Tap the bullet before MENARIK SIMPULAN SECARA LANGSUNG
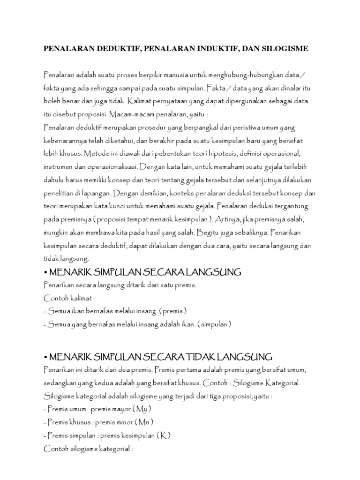(x=45, y=271)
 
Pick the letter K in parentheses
(x=163, y=435)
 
